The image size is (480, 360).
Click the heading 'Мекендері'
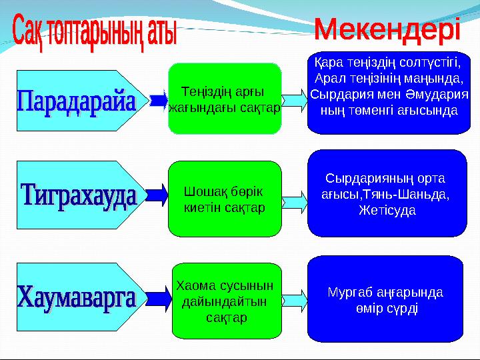pos(387,30)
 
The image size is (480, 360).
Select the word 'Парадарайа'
pos(76,103)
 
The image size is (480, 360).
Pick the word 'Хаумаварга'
pos(76,295)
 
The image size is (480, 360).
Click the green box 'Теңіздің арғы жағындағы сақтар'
pos(225,99)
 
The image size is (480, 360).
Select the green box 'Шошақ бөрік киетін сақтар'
pos(225,199)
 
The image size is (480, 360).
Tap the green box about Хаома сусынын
pos(227,301)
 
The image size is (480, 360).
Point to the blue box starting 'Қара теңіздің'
pos(389,86)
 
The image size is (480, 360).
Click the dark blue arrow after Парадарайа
pos(159,100)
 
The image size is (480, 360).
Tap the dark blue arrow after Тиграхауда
pos(157,195)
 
